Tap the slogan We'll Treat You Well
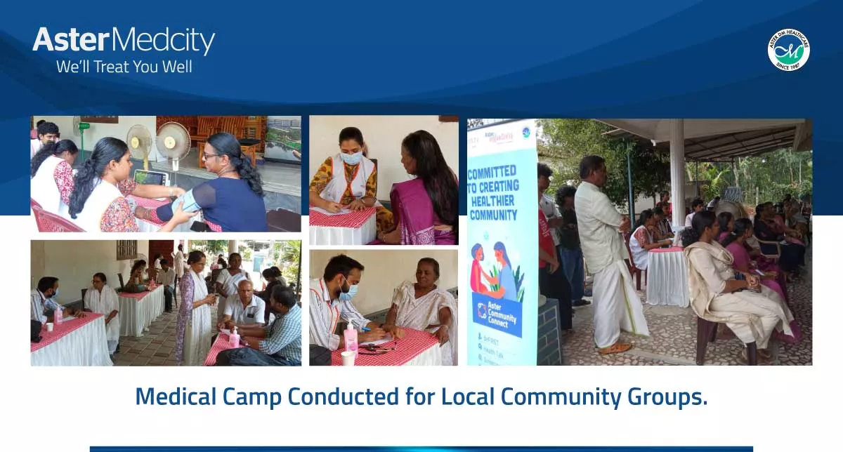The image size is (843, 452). pyautogui.click(x=124, y=67)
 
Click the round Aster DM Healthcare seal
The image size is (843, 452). pyautogui.click(x=788, y=50)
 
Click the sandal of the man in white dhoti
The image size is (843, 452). pyautogui.click(x=615, y=348)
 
